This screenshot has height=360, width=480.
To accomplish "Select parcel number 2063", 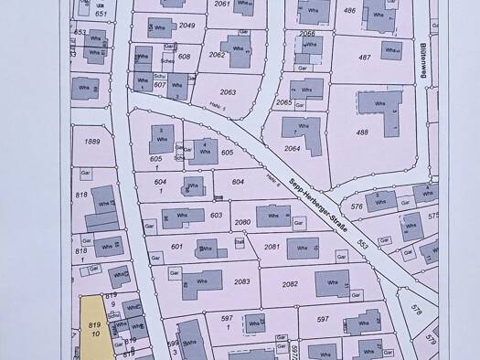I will [229, 92].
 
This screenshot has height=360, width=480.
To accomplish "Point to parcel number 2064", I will [292, 148].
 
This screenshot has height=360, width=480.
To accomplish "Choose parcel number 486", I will [348, 10].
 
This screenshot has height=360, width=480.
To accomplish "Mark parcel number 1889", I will [91, 141].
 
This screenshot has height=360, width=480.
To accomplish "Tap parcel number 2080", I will [242, 222].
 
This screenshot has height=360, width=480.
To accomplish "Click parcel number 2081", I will [272, 247].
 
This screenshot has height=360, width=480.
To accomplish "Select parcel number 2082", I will [290, 284].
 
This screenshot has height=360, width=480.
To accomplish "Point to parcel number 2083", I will [242, 281].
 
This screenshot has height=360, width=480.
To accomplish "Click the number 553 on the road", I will [363, 245].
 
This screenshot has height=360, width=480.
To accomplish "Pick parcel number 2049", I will [187, 26].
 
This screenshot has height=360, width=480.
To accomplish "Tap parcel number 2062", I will [217, 54].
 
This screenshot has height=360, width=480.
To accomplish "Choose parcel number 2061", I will [222, 4].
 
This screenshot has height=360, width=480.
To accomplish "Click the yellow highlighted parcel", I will [94, 327].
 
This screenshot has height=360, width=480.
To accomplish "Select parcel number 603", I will [216, 215].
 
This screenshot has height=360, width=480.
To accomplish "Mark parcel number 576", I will [356, 206].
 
